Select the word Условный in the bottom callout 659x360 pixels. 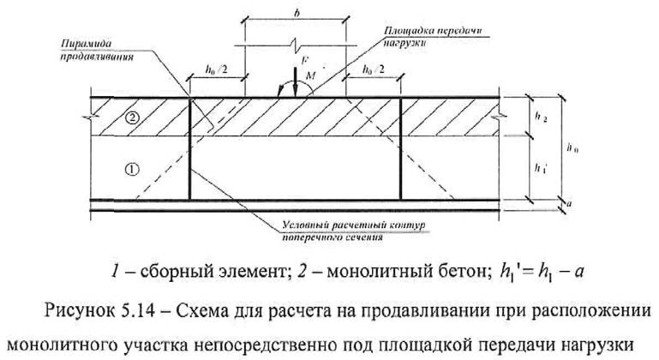click(304, 225)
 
